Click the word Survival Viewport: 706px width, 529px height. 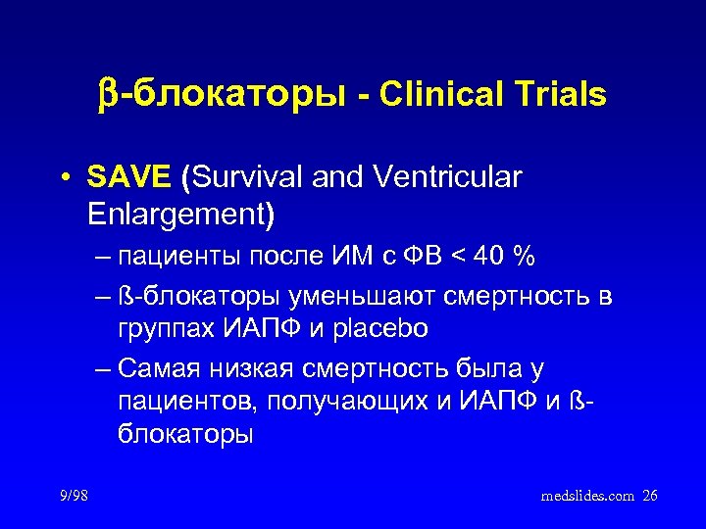(244, 178)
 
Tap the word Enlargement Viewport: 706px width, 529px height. (179, 213)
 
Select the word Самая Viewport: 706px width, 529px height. (153, 368)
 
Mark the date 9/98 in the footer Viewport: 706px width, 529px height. (73, 496)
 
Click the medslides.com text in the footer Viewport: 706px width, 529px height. (588, 496)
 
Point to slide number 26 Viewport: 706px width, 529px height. (650, 496)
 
